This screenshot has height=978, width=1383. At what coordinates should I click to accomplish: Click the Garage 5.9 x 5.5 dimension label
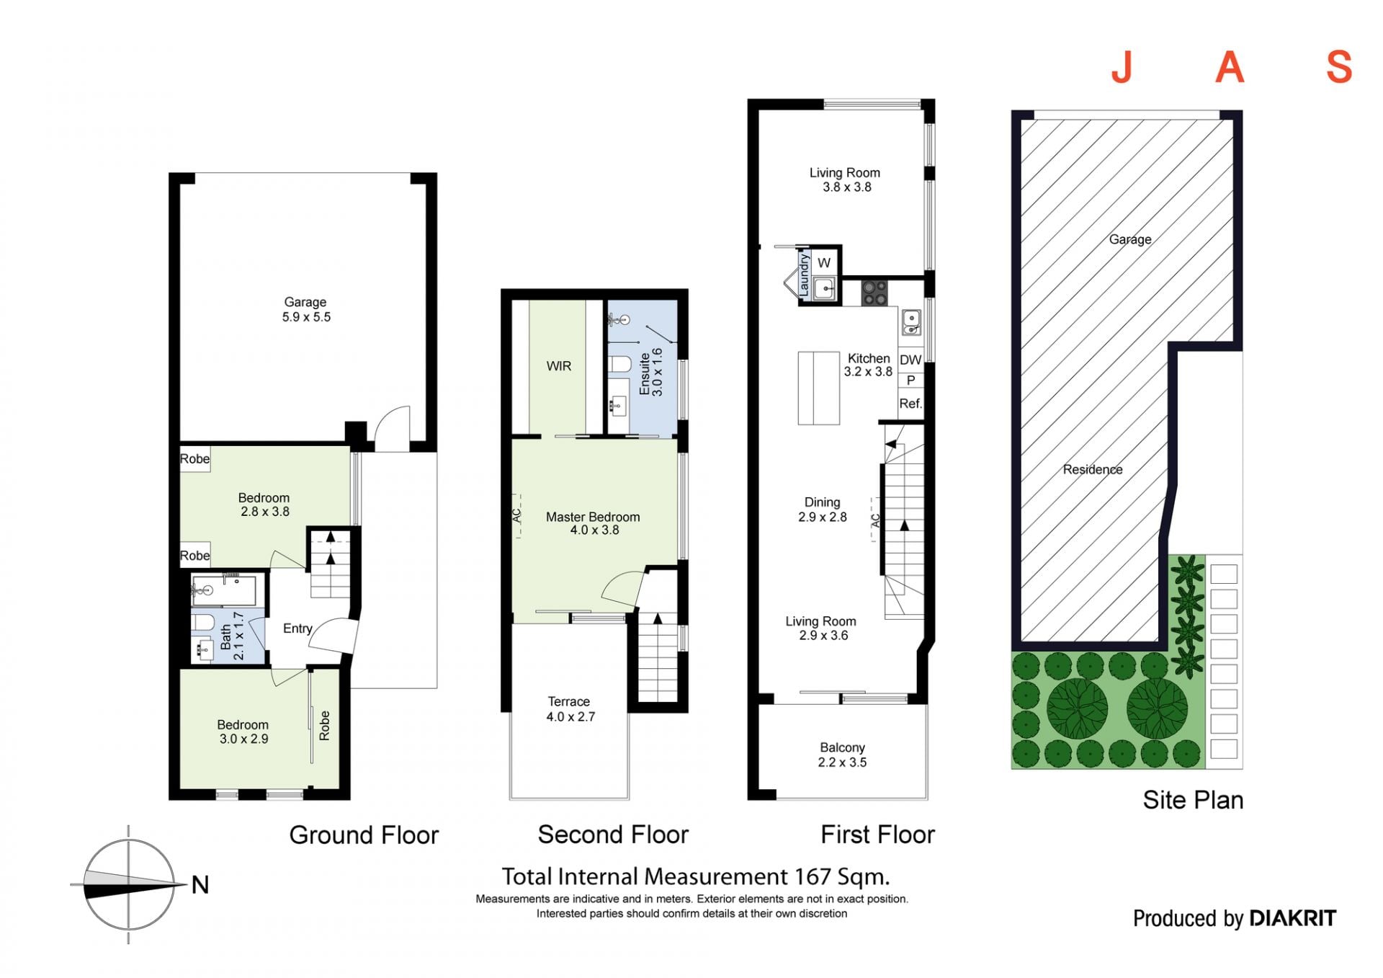(x=306, y=309)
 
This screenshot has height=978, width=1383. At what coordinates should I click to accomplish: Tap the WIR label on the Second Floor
(x=559, y=366)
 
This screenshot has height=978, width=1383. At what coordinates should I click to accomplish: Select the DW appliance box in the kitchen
(x=910, y=360)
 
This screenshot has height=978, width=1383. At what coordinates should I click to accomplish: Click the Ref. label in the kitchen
(x=910, y=404)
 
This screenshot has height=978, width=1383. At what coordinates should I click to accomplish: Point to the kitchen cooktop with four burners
(x=875, y=293)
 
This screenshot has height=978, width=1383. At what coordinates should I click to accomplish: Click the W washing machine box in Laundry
(x=824, y=263)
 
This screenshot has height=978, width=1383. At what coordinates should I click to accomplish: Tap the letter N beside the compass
(x=200, y=884)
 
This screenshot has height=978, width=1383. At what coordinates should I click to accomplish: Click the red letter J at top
(x=1122, y=68)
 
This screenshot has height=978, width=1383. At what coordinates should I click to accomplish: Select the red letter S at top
(x=1339, y=68)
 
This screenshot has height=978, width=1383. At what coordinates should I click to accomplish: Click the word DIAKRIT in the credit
(x=1293, y=918)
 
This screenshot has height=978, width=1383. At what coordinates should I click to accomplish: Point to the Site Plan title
(x=1193, y=800)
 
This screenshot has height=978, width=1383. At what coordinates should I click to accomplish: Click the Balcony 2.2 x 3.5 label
(x=842, y=755)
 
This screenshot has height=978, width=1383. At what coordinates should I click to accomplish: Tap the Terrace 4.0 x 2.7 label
(x=570, y=709)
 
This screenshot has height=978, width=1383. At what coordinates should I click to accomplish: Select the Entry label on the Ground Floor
(x=297, y=628)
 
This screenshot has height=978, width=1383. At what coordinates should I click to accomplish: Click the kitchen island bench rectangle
(x=819, y=388)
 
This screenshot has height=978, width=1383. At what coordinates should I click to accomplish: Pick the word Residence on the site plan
(x=1093, y=469)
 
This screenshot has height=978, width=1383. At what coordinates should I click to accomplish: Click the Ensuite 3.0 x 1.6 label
(x=650, y=372)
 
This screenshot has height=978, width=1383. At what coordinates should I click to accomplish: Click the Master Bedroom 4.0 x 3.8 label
(x=594, y=523)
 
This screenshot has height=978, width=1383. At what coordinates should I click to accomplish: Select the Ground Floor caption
(x=364, y=835)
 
